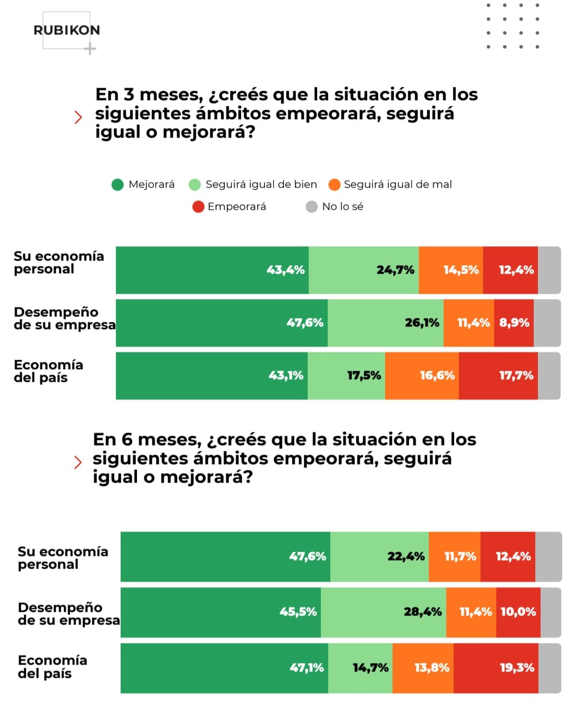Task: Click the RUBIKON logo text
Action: point(66,30)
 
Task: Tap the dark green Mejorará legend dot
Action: point(117,185)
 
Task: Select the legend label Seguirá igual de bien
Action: point(261,185)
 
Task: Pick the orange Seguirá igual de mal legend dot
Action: point(334,185)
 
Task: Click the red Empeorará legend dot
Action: point(198,207)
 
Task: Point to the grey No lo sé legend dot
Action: point(311,207)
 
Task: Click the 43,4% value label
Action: point(286,270)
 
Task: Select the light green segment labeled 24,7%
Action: point(364,270)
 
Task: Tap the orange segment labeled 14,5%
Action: point(451,270)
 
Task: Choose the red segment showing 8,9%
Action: point(514,323)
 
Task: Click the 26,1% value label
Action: point(422,323)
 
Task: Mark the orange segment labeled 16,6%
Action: point(422,376)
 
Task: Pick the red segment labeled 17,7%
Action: point(498,376)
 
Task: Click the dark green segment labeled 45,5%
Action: point(221,612)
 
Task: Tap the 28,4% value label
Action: point(423,612)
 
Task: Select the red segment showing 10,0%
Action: point(518,612)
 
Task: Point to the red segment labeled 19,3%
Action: point(496,668)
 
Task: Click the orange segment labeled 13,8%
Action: point(423,668)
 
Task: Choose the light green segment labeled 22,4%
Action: point(379,556)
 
